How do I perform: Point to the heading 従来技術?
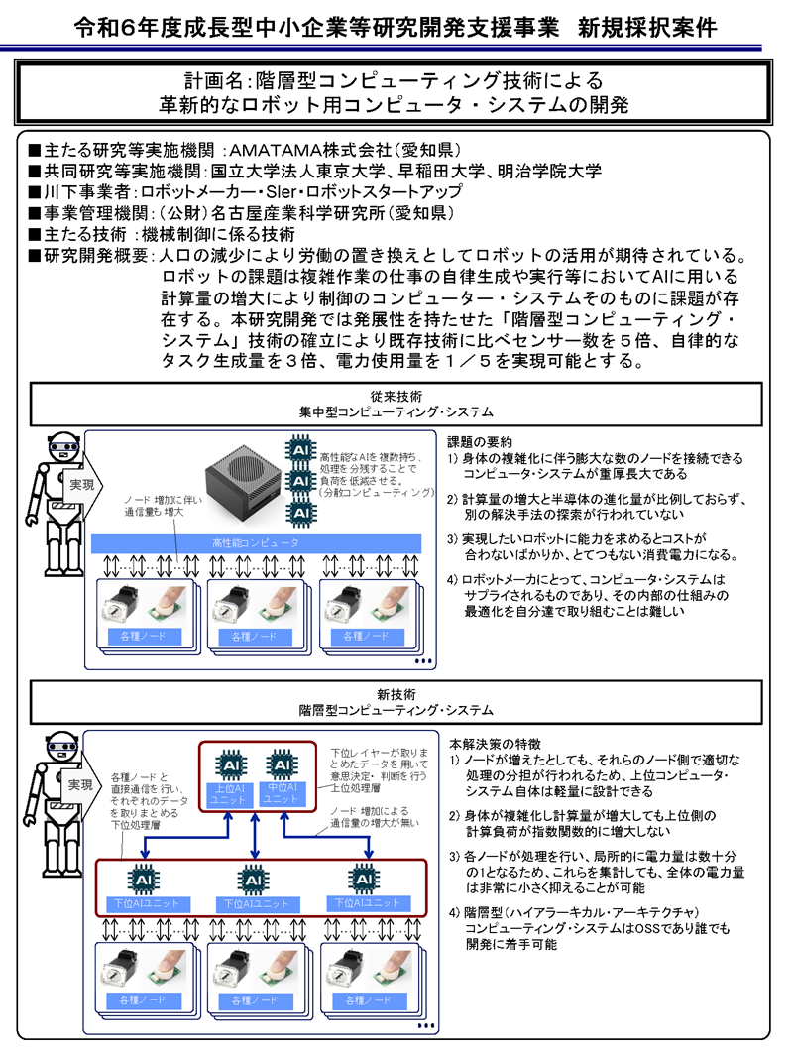tap(396, 394)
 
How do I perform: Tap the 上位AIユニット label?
tap(230, 794)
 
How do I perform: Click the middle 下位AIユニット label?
tap(255, 903)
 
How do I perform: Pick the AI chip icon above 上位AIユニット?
tap(230, 766)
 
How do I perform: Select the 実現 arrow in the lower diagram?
tap(81, 783)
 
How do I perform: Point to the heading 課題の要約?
tap(480, 441)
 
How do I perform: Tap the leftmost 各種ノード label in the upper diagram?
tap(144, 636)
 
